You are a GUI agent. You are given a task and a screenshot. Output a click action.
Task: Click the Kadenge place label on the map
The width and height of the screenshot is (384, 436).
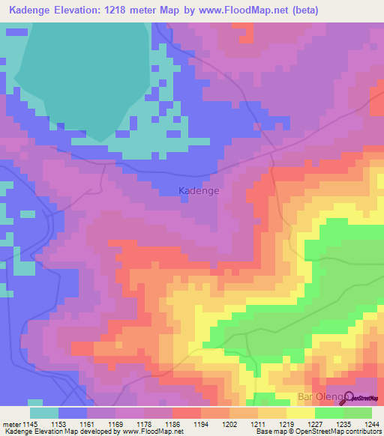(x=199, y=191)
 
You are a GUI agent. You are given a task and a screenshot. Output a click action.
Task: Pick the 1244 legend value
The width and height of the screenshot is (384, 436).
(x=373, y=423)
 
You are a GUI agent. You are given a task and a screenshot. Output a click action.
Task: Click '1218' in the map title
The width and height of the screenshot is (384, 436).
(x=128, y=10)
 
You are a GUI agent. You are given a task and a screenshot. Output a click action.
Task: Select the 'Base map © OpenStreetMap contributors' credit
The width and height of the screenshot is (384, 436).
(x=318, y=432)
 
